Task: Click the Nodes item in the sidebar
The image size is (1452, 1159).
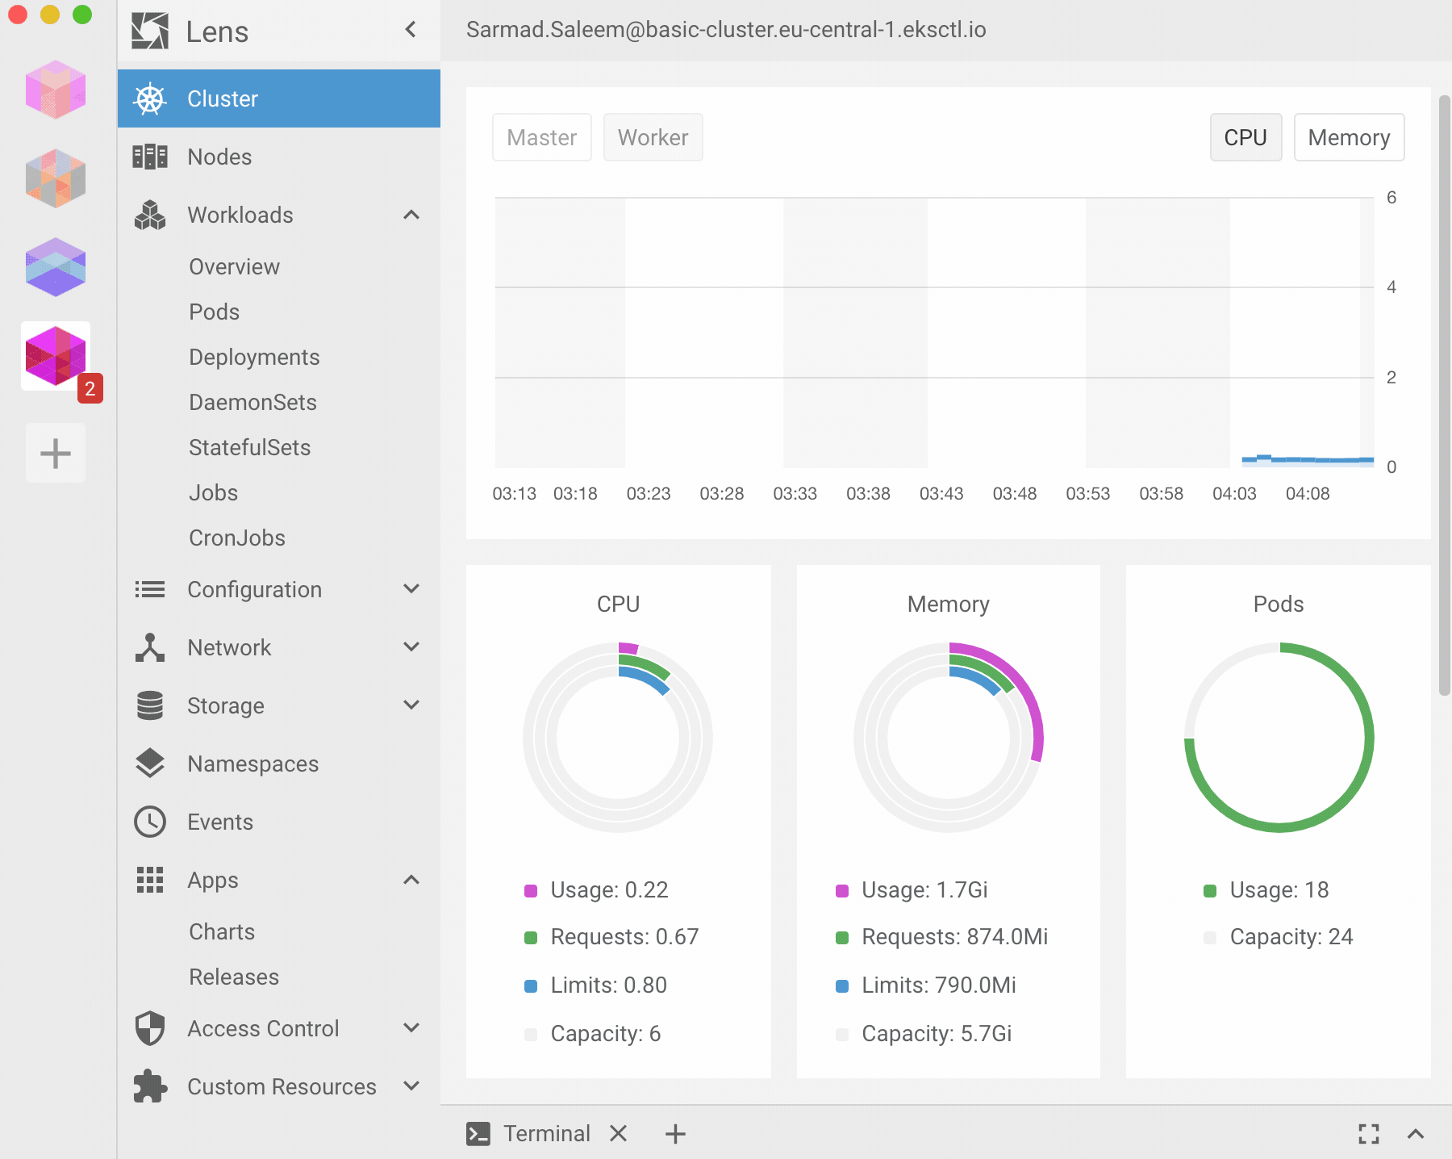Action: pos(219,157)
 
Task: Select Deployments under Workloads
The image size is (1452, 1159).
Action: pos(254,357)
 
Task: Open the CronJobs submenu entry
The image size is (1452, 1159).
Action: pos(237,538)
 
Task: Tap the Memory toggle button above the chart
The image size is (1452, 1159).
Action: pos(1348,137)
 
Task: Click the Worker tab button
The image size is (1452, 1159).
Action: pos(653,137)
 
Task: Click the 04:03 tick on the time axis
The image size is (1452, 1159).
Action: pos(1234,493)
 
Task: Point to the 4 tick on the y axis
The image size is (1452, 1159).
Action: pos(1391,287)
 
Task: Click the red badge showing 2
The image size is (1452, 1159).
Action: pos(90,388)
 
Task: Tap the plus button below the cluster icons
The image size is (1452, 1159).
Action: pos(56,453)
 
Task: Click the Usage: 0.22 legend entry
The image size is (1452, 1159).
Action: pos(608,889)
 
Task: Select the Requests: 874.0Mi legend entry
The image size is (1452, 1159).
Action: pos(953,936)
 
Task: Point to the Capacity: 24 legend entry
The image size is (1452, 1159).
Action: pos(1290,936)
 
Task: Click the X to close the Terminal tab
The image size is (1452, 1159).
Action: pos(619,1133)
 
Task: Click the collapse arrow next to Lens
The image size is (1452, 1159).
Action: pos(411,30)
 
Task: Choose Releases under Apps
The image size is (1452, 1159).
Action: pos(234,977)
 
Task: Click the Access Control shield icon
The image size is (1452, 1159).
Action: pos(150,1028)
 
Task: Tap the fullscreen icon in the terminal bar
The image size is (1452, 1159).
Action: pos(1368,1133)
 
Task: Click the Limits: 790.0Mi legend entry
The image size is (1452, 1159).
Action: pos(938,985)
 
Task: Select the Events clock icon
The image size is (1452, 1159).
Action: pos(150,822)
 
